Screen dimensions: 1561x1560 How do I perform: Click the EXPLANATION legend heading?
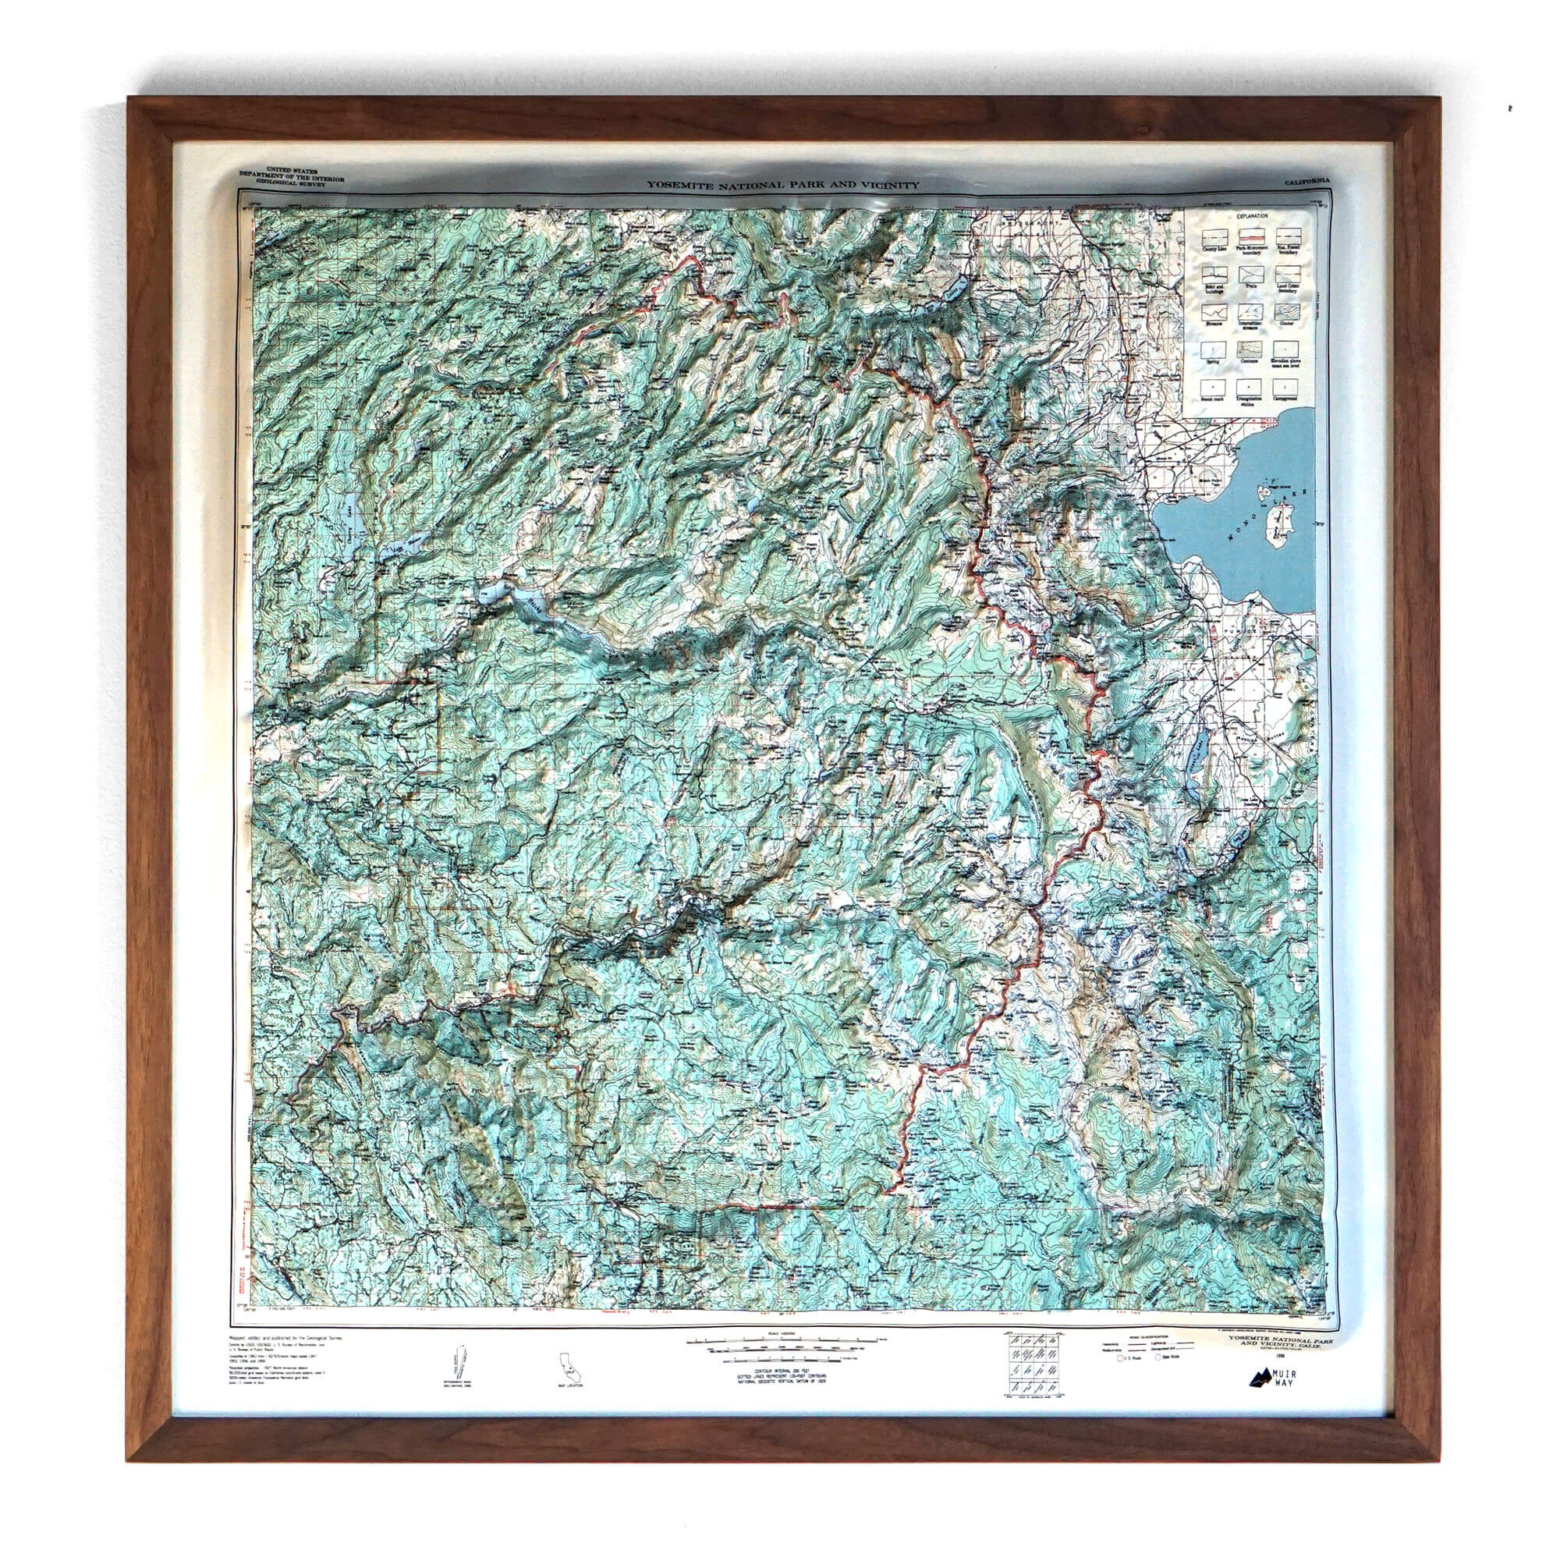click(x=1250, y=218)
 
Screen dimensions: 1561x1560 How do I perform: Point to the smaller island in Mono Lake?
click(x=1262, y=491)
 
